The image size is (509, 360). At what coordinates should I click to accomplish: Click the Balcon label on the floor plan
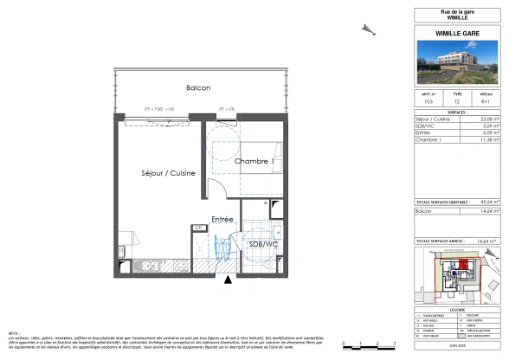197,88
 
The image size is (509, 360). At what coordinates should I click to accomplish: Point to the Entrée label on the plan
222,220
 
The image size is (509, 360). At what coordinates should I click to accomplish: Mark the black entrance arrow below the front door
229,280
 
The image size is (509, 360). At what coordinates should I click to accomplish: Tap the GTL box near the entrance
198,228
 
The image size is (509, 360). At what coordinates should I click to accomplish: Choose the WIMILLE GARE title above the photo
460,32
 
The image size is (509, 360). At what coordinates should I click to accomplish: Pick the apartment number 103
428,102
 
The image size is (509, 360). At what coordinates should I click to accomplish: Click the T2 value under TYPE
458,102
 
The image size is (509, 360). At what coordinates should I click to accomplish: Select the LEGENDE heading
460,308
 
